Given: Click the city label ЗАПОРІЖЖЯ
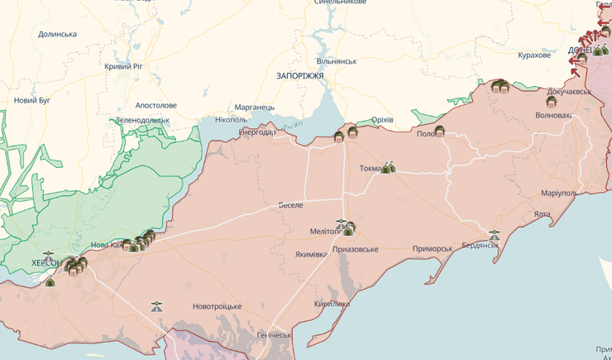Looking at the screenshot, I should pyautogui.click(x=299, y=75).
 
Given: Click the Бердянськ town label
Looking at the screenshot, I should pyautogui.click(x=480, y=246).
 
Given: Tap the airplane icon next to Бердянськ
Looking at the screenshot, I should pyautogui.click(x=495, y=235).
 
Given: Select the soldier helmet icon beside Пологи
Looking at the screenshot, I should pyautogui.click(x=440, y=130).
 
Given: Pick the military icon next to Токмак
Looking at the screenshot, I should pyautogui.click(x=388, y=168).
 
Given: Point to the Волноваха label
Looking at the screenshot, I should pyautogui.click(x=554, y=115).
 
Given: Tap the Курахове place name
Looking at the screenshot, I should pyautogui.click(x=534, y=55).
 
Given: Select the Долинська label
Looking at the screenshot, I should pyautogui.click(x=57, y=34).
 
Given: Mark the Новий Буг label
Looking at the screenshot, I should pyautogui.click(x=31, y=100).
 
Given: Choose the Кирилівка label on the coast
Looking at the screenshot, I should pyautogui.click(x=332, y=304).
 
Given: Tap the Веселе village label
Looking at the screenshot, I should pyautogui.click(x=290, y=204).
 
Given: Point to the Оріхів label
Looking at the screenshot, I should pyautogui.click(x=382, y=120).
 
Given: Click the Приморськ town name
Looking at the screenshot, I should pyautogui.click(x=433, y=248).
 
